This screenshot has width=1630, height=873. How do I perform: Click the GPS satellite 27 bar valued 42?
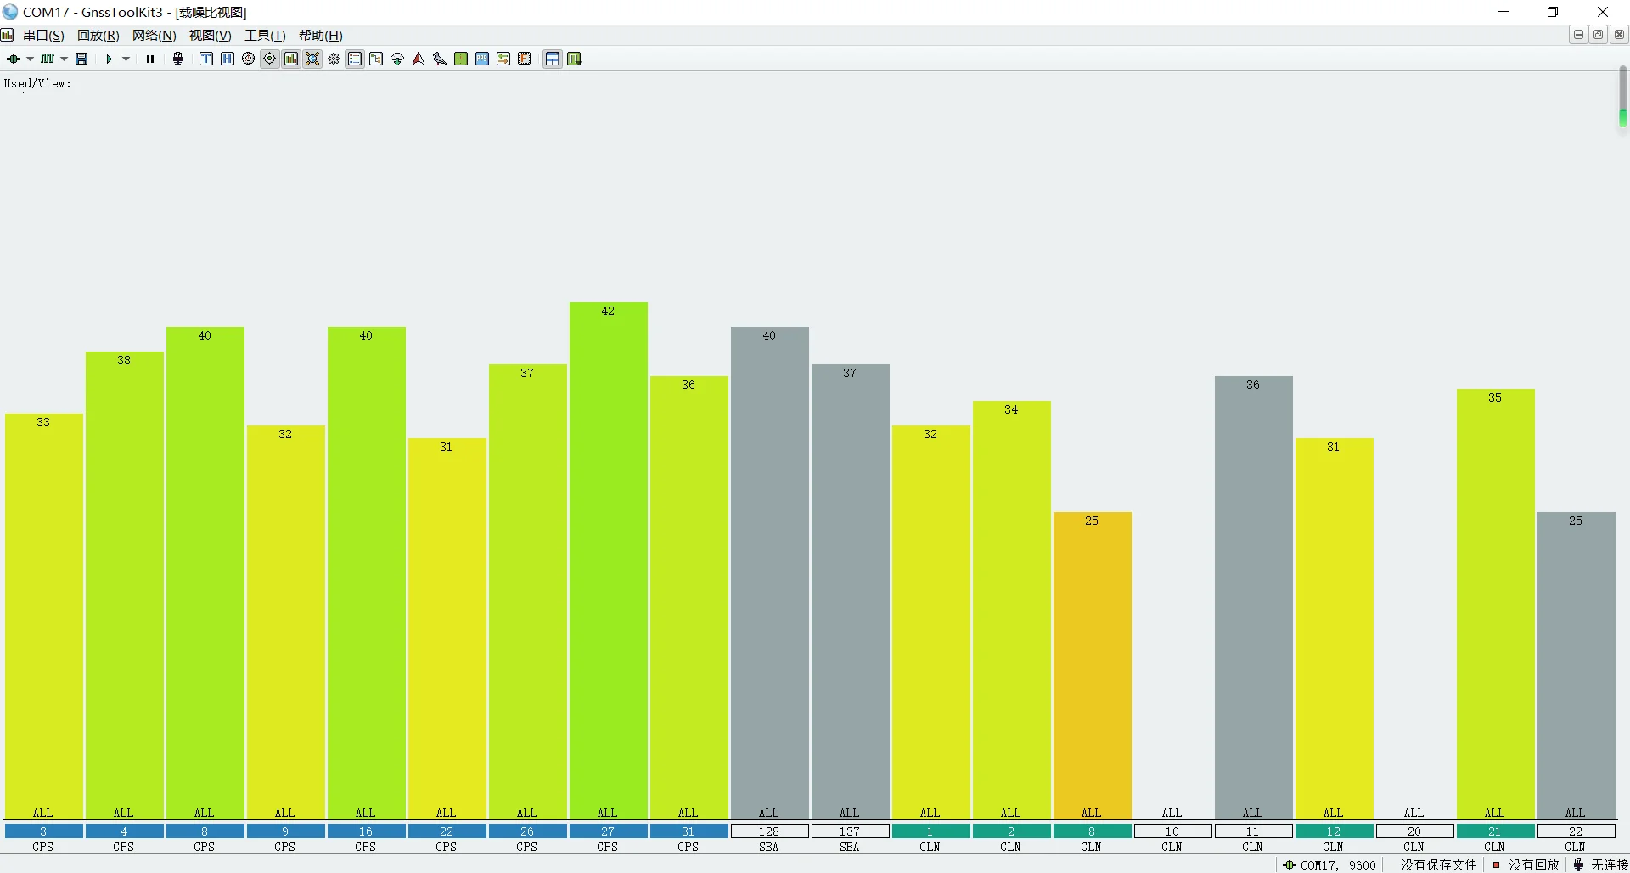tap(608, 560)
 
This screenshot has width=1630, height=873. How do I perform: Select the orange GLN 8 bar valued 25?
tap(1092, 666)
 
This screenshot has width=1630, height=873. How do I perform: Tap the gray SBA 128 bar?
tap(769, 573)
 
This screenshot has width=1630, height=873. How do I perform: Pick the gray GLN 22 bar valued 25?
tap(1576, 666)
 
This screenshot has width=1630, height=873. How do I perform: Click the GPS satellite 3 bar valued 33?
tap(43, 617)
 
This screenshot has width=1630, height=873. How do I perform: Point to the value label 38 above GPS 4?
tap(124, 360)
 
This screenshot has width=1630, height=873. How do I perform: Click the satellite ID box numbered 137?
tap(850, 831)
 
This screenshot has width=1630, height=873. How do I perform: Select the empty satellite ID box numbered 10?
tap(1172, 831)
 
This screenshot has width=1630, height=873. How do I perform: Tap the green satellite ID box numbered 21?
tap(1495, 831)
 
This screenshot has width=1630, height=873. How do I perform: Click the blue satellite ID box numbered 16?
tap(366, 831)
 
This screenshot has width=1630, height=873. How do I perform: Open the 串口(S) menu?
tap(43, 36)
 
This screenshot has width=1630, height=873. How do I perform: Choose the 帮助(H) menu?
tap(320, 36)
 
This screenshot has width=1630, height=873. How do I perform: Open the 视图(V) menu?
tap(210, 36)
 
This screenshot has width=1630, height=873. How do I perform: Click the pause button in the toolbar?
tap(150, 59)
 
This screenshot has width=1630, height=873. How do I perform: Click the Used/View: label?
tap(37, 83)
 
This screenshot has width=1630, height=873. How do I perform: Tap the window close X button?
tap(1603, 12)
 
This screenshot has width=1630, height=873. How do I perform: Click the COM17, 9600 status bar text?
tap(1338, 865)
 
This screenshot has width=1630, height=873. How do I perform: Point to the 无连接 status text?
tap(1609, 865)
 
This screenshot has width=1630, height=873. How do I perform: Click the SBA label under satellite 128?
tap(769, 847)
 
